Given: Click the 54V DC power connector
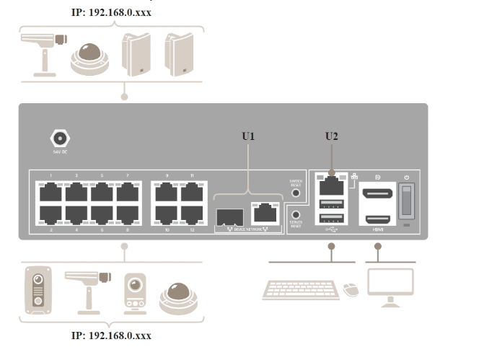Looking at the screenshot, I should coord(58,138).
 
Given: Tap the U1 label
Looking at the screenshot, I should coord(249,136).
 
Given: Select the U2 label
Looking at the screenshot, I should coord(332,136).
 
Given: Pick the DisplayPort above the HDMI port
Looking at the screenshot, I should coord(377,193).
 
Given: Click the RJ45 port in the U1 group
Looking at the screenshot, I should coord(264,212).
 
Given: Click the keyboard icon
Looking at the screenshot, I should coord(302,288).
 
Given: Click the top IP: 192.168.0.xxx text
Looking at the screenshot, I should coord(111,12).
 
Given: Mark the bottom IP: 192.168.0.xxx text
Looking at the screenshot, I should coord(111,335).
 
